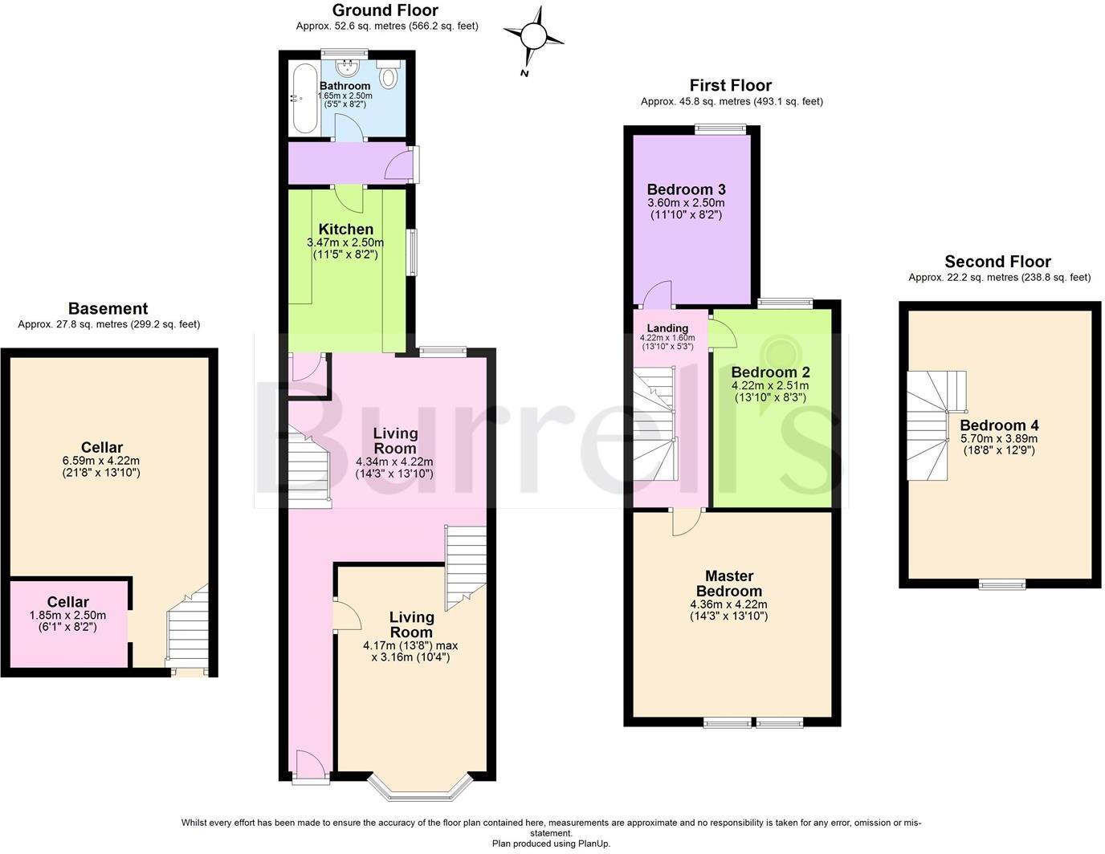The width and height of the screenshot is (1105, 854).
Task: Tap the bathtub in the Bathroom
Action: [x=304, y=100]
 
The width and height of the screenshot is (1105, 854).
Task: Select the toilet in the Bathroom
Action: [x=389, y=77]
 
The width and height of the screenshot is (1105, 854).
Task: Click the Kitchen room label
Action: [x=345, y=230]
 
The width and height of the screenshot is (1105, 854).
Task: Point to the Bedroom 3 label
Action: [x=686, y=189]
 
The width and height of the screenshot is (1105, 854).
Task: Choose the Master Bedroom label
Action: [x=728, y=584]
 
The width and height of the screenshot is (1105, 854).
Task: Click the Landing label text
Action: [x=667, y=328]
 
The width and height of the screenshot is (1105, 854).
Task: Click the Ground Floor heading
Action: [x=385, y=10]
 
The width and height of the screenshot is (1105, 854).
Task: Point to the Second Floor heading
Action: [x=997, y=262]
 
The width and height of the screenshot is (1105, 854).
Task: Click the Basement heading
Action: [x=108, y=308]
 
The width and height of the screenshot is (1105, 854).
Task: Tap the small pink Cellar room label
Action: [x=67, y=602]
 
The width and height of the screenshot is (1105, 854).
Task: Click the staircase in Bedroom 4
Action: [x=935, y=425]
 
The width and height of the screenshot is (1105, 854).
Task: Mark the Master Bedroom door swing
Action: [x=686, y=522]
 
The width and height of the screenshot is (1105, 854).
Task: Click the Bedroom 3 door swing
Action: [x=659, y=295]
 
